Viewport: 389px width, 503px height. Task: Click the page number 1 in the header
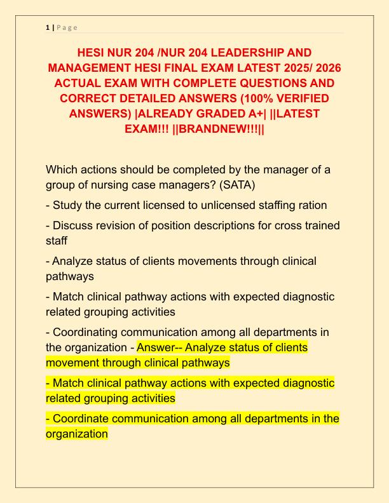[x=47, y=27]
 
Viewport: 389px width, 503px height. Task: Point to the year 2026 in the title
[x=320, y=67]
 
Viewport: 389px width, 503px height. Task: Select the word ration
[x=311, y=205]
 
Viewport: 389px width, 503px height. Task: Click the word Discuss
[x=76, y=225]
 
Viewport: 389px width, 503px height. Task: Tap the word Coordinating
[x=90, y=332]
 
